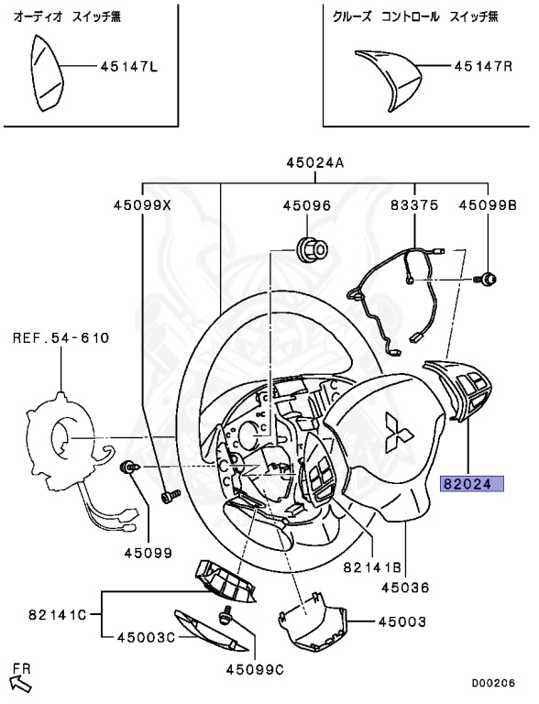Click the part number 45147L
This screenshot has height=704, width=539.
[x=128, y=67]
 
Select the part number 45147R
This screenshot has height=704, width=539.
[x=483, y=67]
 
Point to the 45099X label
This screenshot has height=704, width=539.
[x=142, y=206]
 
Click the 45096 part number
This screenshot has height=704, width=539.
[x=306, y=206]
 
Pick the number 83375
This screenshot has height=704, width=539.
[x=414, y=206]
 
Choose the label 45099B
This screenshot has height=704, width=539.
[x=488, y=206]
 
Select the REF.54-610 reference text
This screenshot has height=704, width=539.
[x=60, y=337]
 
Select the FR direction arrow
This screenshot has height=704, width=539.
[x=19, y=679]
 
